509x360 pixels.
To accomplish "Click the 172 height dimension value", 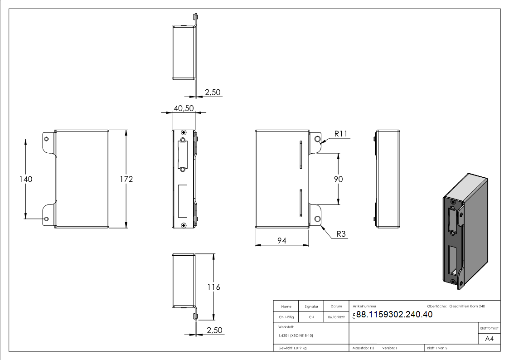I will (126, 180).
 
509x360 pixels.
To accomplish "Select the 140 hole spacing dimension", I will (26, 180).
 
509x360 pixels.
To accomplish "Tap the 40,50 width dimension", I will (184, 108).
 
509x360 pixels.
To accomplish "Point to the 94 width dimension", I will (282, 241).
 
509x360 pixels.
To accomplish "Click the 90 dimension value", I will (338, 179).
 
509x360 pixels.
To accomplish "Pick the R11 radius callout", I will (341, 134).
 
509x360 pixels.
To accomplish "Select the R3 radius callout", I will (341, 234).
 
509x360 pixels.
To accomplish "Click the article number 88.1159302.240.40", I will (394, 315).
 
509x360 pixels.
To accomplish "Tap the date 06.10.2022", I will (336, 317).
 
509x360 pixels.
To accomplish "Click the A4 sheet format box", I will (490, 339).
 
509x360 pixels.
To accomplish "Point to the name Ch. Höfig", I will (286, 317).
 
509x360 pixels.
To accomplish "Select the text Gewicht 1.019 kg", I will (293, 348).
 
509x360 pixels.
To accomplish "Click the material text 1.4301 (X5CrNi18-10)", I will (296, 336).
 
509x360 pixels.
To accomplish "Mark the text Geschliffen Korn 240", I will (467, 306).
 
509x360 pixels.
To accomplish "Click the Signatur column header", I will (311, 306).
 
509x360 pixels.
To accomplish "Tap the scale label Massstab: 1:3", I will (364, 348).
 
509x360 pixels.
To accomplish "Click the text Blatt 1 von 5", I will (437, 348).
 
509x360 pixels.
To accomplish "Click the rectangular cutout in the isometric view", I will (452, 260).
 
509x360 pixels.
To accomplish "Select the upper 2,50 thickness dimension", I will (213, 92).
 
